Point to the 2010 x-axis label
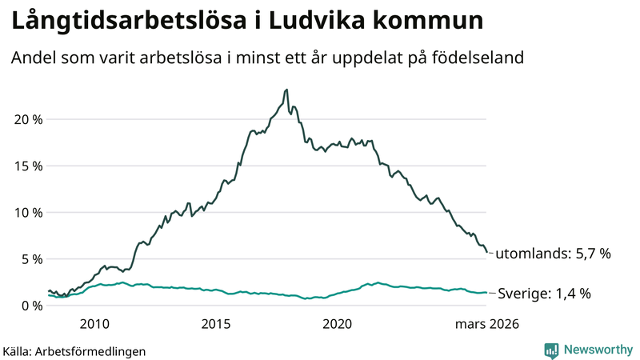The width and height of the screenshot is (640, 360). (94, 324)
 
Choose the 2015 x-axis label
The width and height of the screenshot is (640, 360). (215, 324)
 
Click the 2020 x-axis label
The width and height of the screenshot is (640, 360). (337, 324)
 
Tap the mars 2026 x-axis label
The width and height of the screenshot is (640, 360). (487, 324)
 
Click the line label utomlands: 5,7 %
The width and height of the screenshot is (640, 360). (553, 254)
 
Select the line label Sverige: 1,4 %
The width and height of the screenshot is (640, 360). (544, 294)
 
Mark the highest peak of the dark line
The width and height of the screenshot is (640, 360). (286, 90)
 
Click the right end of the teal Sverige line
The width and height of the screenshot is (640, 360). (486, 293)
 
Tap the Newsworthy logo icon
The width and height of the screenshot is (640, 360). (551, 350)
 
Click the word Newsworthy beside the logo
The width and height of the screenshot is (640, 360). (597, 350)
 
